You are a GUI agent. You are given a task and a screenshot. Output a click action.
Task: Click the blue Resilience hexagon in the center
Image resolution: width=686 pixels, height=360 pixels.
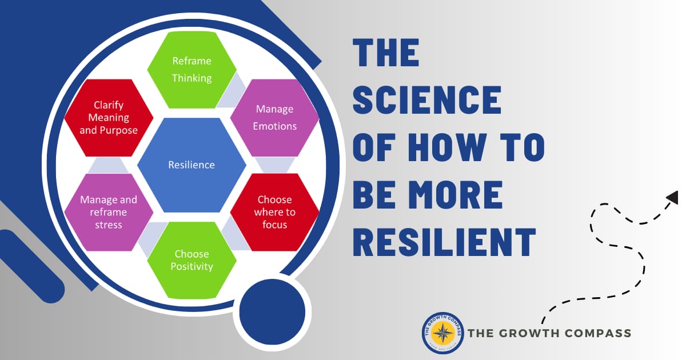click(192, 165)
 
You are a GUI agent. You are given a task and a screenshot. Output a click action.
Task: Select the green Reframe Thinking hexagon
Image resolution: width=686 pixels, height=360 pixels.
click(192, 70)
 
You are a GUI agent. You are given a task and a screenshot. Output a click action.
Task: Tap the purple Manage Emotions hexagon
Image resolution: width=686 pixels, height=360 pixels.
click(274, 117)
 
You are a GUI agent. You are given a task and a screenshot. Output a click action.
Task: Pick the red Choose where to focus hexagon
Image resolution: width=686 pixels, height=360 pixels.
click(274, 211)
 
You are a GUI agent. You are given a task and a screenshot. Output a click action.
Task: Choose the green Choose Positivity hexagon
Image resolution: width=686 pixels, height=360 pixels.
click(192, 260)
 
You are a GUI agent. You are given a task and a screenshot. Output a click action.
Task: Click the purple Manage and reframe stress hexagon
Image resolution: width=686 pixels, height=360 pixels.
click(109, 212)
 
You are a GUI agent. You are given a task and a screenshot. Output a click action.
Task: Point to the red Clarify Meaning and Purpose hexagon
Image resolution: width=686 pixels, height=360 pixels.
click(109, 118)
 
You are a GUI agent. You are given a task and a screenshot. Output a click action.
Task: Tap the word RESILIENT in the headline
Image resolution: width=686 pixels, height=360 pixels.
click(444, 242)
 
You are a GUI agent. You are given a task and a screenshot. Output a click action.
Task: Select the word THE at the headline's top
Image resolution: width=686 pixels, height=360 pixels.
click(386, 53)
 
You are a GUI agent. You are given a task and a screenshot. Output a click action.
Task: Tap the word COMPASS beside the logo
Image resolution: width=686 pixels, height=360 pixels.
click(598, 333)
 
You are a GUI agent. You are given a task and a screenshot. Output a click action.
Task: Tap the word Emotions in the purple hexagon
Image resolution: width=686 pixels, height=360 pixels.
click(274, 126)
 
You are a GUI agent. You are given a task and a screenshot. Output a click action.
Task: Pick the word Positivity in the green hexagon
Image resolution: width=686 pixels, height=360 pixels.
click(192, 266)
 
